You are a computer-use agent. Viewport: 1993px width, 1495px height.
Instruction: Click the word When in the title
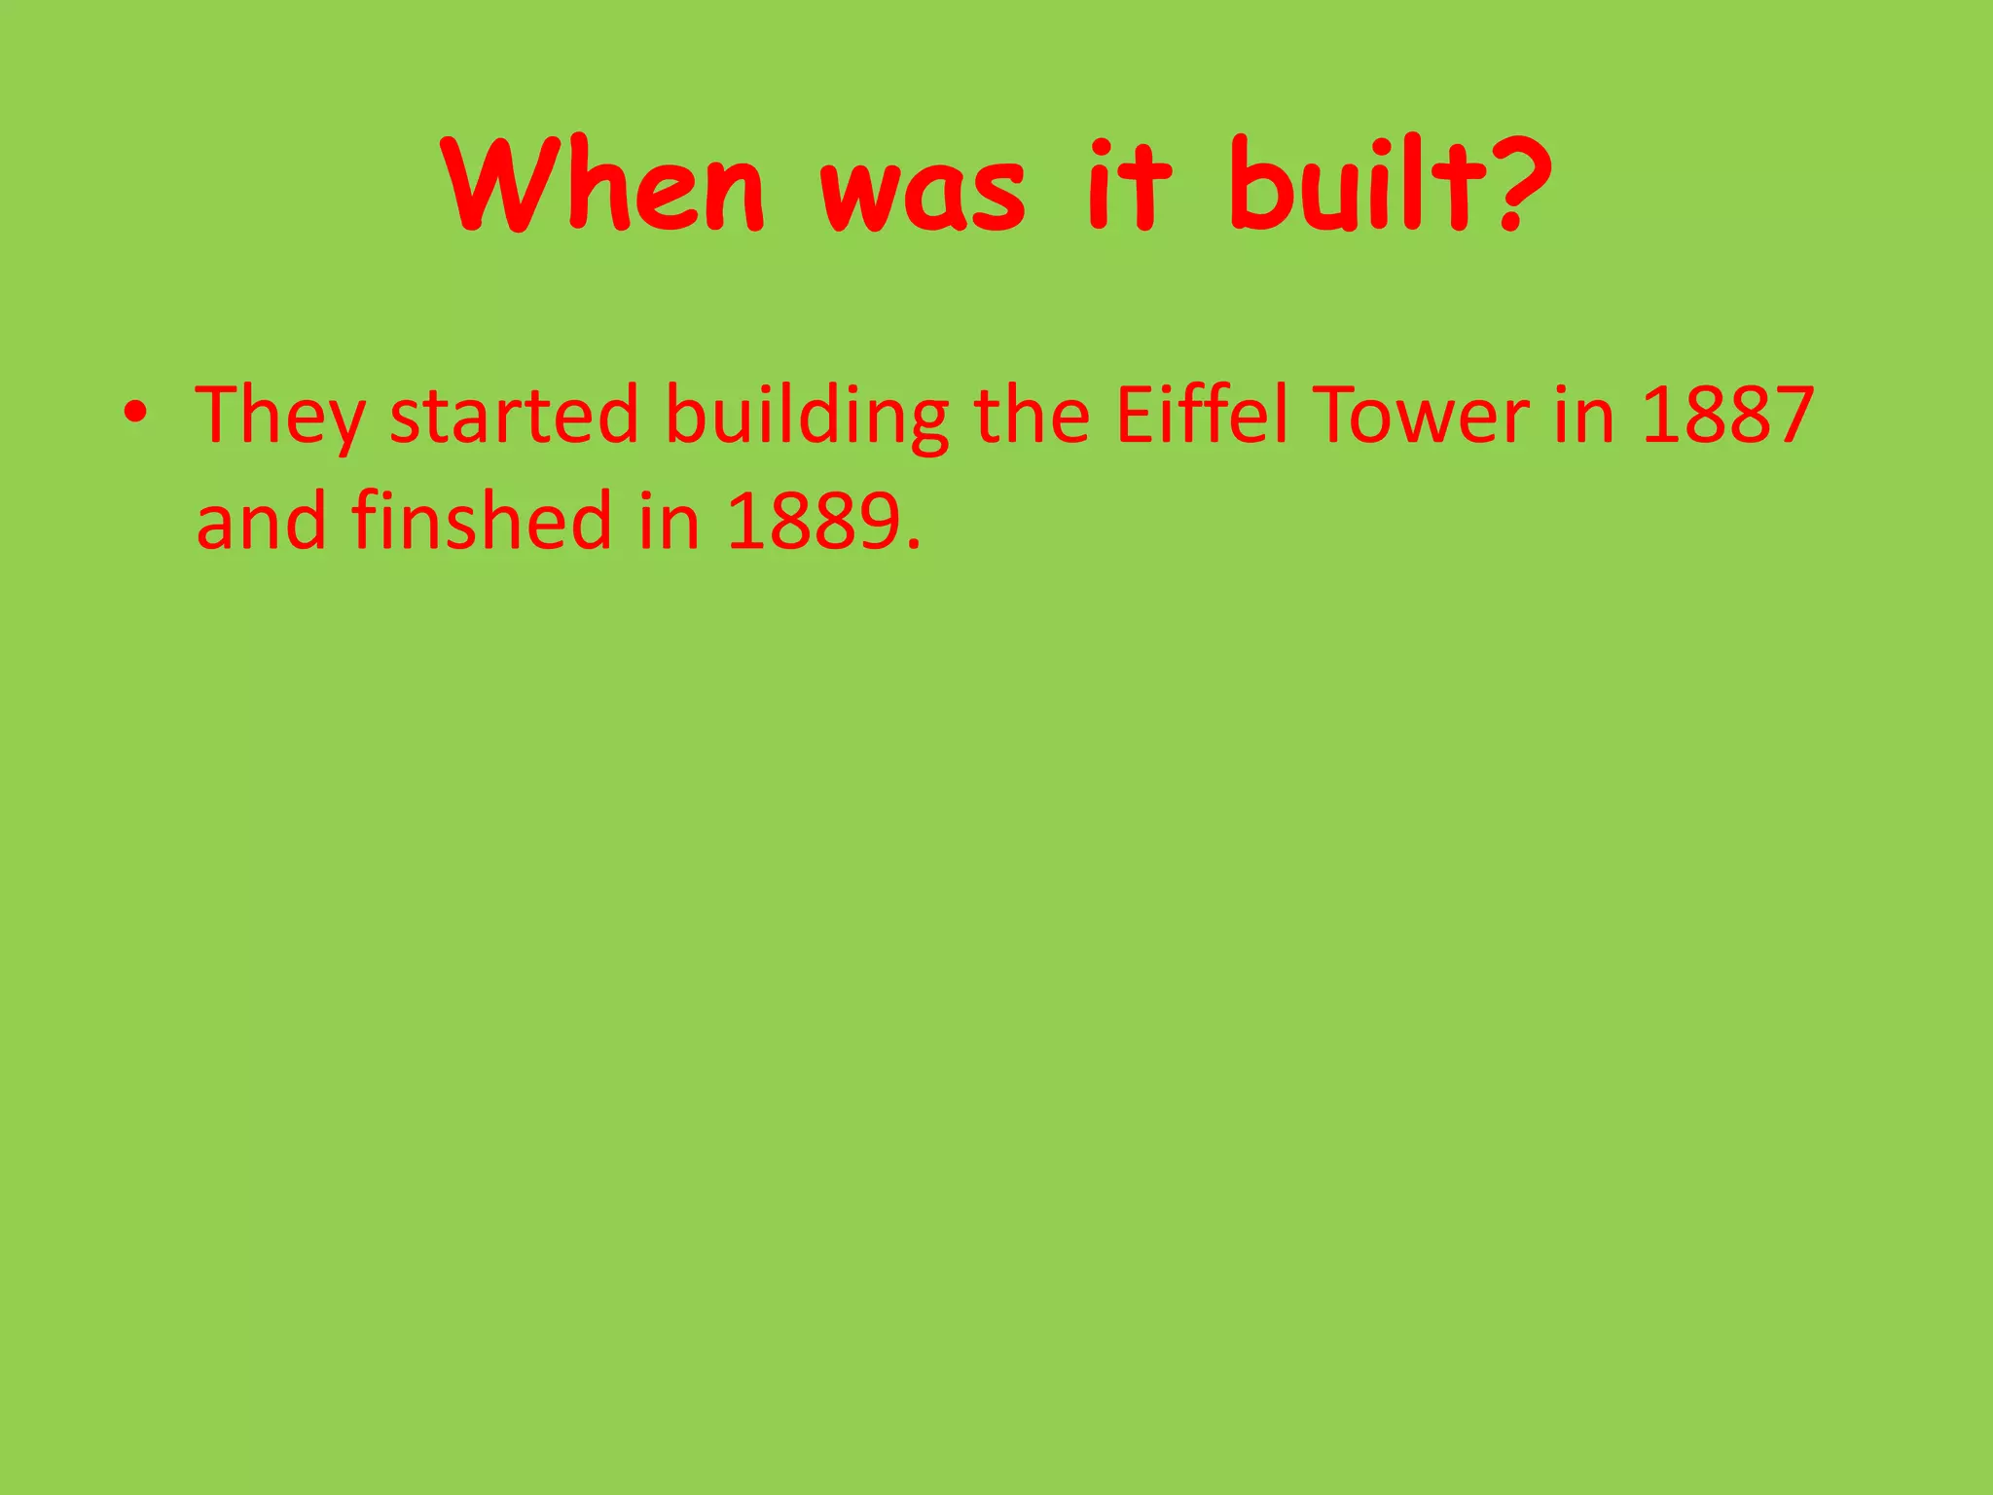pos(603,185)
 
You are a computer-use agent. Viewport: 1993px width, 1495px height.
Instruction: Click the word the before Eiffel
pos(1032,415)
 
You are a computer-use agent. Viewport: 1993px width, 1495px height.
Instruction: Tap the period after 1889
pos(912,545)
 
